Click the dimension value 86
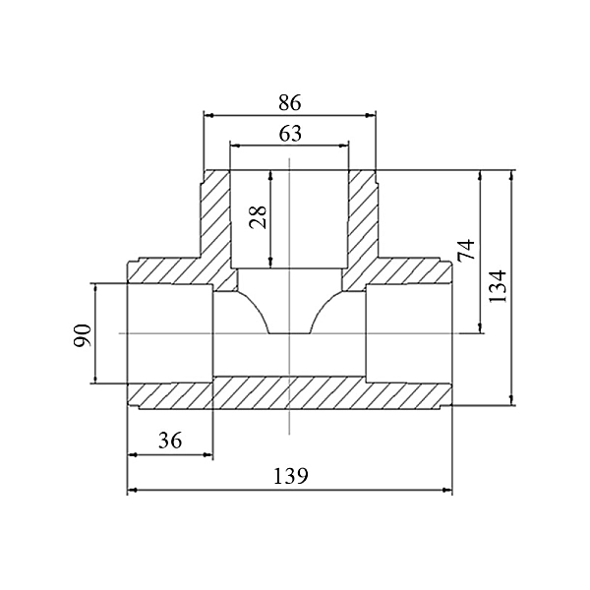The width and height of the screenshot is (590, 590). tap(290, 102)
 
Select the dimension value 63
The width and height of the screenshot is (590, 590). tap(290, 134)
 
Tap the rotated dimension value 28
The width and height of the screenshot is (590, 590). tap(258, 217)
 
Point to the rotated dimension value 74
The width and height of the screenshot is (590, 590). tap(466, 250)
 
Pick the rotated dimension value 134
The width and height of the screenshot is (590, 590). tap(498, 286)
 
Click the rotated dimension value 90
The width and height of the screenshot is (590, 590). tap(83, 335)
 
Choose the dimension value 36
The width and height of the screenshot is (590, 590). tap(170, 441)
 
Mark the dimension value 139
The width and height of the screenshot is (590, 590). tap(290, 476)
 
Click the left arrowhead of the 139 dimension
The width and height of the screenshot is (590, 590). tap(132, 490)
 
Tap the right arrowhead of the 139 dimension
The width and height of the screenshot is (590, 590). tap(447, 490)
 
